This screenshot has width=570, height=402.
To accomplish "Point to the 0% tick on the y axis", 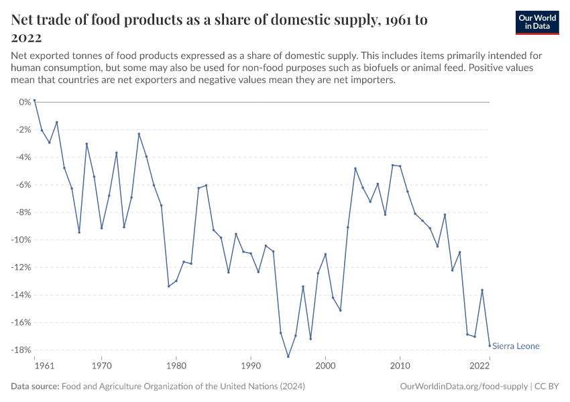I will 25,102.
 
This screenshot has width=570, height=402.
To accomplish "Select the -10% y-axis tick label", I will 22,240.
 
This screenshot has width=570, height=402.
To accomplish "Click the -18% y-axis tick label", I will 22,350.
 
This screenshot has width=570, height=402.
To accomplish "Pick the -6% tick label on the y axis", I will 23,185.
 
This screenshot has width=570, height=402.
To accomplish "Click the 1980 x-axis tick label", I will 176,366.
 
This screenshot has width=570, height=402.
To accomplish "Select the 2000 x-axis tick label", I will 325,366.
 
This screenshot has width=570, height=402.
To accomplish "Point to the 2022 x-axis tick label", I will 480,366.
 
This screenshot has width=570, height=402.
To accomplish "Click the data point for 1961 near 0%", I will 34,100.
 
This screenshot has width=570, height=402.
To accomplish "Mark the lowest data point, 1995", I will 288,356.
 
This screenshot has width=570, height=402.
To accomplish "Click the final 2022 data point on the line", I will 490,346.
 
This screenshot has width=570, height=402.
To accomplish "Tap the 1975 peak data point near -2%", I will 139,134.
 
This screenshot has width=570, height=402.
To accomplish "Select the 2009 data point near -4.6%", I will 393,165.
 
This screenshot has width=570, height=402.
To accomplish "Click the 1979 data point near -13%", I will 168,286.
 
